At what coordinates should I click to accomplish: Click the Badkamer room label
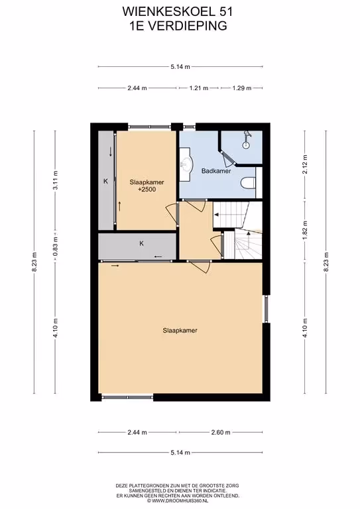[x=216, y=171]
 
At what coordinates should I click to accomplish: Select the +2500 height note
[x=147, y=190]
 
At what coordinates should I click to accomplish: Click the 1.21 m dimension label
[x=199, y=88]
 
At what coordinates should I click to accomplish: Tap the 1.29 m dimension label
[x=242, y=88]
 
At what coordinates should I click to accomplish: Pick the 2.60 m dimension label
[x=221, y=432]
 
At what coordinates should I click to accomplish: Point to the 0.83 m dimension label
[x=56, y=247]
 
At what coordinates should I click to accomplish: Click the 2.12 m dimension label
[x=305, y=164]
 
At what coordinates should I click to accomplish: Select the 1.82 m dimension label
[x=305, y=229]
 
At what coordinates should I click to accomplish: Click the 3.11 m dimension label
[x=56, y=180]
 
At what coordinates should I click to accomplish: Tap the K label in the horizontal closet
[x=141, y=243]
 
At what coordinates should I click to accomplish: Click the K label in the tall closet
[x=105, y=182]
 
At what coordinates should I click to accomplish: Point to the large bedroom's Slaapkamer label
[x=180, y=331]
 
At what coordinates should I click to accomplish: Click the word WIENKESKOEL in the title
[x=166, y=12]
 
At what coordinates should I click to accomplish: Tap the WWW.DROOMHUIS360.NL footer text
[x=177, y=501]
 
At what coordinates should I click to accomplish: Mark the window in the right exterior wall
[x=266, y=309]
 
